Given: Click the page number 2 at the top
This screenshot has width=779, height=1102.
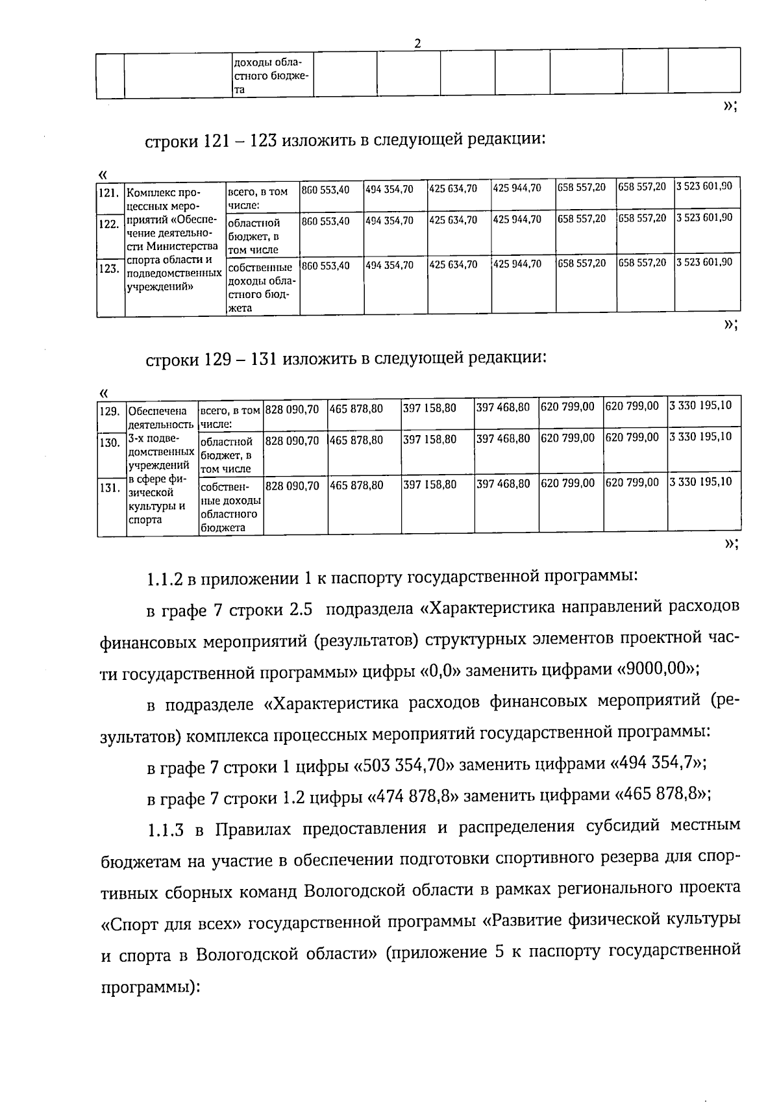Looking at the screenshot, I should click(x=417, y=44).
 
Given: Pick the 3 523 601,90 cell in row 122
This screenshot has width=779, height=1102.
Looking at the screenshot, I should click(x=704, y=218).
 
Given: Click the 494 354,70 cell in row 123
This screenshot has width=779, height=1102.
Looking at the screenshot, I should click(x=389, y=264).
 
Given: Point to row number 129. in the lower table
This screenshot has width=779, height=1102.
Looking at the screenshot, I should click(x=109, y=411).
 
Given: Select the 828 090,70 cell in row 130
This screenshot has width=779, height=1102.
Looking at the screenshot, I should click(x=293, y=440).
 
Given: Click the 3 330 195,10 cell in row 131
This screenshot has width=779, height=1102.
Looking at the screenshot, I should click(x=700, y=482).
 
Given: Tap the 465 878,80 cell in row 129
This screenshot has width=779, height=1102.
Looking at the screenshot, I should click(x=356, y=409).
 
